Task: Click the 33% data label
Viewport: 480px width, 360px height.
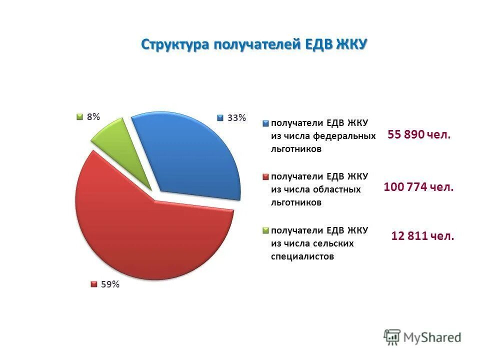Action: click(236, 118)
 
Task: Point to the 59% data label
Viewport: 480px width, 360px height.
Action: click(110, 284)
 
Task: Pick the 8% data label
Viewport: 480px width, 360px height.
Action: click(93, 116)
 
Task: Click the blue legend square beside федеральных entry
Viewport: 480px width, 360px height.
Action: click(266, 122)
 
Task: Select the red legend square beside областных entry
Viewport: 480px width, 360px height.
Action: click(266, 176)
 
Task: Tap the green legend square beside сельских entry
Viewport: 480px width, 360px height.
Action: click(266, 230)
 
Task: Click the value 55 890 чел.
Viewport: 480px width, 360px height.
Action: click(419, 134)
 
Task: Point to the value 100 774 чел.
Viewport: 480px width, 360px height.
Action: click(418, 187)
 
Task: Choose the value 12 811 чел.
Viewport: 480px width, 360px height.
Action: click(422, 236)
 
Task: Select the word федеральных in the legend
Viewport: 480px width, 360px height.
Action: click(344, 136)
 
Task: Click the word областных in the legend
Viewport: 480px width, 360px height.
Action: click(337, 190)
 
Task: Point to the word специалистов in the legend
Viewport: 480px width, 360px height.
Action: click(302, 257)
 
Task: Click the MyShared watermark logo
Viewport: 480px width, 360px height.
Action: click(422, 337)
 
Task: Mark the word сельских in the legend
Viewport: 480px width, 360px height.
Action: click(332, 244)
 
